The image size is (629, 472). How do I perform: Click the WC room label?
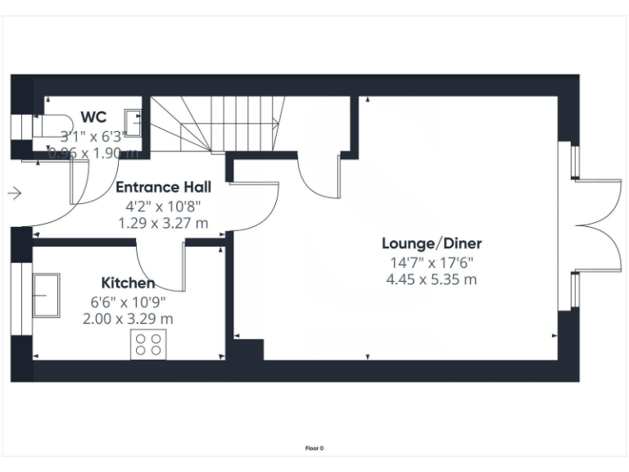pyautogui.click(x=93, y=117)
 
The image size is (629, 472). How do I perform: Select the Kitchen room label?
pyautogui.click(x=128, y=283)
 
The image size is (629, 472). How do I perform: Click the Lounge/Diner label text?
pyautogui.click(x=432, y=243)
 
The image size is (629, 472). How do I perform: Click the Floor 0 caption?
pyautogui.click(x=314, y=448)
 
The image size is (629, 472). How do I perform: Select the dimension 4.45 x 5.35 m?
pyautogui.click(x=432, y=279)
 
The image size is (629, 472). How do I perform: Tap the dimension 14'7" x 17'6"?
pyautogui.click(x=432, y=263)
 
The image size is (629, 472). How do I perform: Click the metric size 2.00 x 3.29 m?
pyautogui.click(x=128, y=319)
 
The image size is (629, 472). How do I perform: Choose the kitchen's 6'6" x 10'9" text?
pyautogui.click(x=128, y=301)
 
